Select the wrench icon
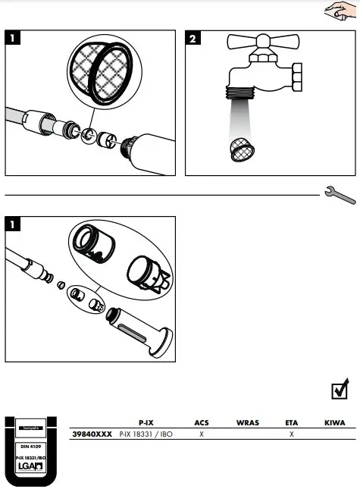[x=339, y=195]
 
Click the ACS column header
[x=201, y=422]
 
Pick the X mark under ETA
[x=292, y=435]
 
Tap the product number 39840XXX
[x=92, y=435]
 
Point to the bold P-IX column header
[x=146, y=422]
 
